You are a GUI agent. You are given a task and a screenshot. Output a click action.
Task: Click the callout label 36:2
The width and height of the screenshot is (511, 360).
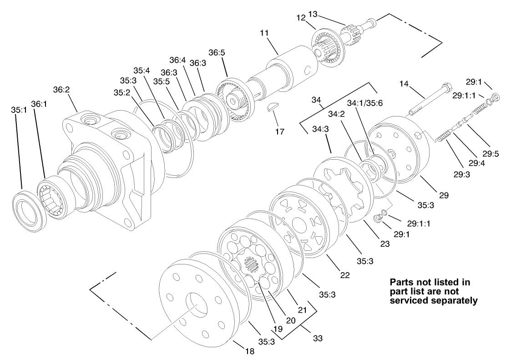pyautogui.click(x=61, y=90)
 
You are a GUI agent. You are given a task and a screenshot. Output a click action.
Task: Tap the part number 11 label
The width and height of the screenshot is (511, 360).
pyautogui.click(x=264, y=33)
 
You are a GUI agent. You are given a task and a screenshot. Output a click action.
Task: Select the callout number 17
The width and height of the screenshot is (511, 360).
pyautogui.click(x=279, y=132)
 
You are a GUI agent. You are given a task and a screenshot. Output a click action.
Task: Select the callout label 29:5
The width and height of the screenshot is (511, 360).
pyautogui.click(x=491, y=154)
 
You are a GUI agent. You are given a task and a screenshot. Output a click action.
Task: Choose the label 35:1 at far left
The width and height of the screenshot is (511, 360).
pyautogui.click(x=19, y=110)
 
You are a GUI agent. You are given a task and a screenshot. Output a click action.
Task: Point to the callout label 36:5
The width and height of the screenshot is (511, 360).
pyautogui.click(x=217, y=52)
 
